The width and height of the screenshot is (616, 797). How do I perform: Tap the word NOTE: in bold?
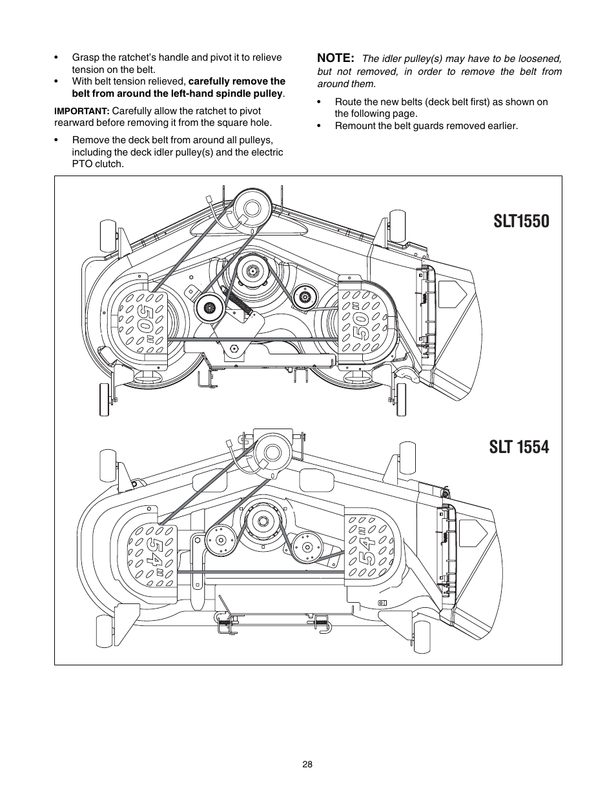(x=336, y=58)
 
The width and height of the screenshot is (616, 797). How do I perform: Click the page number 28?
(x=307, y=764)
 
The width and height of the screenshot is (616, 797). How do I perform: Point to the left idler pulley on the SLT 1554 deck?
(x=219, y=541)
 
